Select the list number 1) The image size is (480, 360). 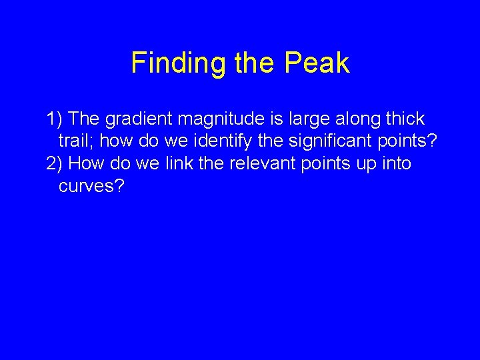click(55, 119)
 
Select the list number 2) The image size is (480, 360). click(55, 163)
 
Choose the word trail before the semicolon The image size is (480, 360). click(75, 141)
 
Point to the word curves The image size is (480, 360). click(87, 185)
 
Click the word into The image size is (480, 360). click(396, 163)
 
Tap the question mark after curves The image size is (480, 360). click(119, 185)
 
